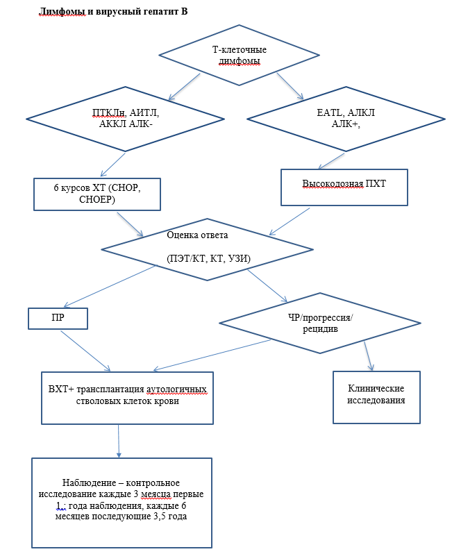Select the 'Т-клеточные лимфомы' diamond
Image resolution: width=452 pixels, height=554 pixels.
[x=239, y=55]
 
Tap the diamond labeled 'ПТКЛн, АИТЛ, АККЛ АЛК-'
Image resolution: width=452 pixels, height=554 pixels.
[x=126, y=119]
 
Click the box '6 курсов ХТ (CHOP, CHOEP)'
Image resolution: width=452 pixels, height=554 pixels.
[x=98, y=194]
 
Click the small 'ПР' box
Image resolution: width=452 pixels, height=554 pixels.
[x=58, y=318]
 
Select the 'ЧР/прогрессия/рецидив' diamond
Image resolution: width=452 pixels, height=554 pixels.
[x=320, y=323]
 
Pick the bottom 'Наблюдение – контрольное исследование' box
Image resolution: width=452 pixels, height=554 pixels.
[x=122, y=502]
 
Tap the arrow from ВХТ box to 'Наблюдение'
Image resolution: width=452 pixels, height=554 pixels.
[x=119, y=440]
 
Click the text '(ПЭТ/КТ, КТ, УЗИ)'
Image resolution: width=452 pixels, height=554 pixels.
[x=208, y=259]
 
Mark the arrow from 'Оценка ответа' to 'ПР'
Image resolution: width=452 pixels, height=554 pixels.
[x=112, y=285]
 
